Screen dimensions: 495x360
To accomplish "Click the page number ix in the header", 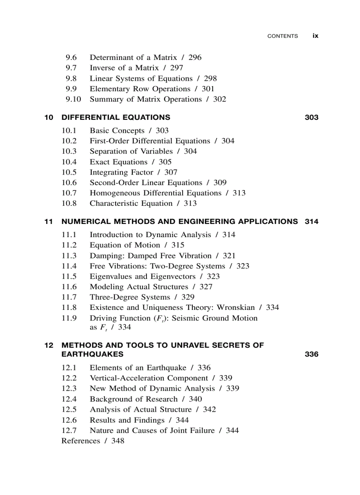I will (315, 36).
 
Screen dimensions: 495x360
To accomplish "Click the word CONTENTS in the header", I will (282, 36).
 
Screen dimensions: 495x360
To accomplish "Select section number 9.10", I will (73, 99).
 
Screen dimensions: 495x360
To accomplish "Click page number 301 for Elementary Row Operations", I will (208, 89).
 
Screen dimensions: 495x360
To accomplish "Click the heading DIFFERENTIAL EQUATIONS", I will (116, 118).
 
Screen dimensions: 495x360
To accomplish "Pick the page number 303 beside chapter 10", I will (311, 118).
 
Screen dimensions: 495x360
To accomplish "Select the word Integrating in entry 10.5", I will (109, 172).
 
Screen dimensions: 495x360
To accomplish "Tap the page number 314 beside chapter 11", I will (311, 222).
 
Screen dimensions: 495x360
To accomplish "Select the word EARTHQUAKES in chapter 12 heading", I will (92, 354).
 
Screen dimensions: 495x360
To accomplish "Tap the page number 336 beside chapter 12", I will (311, 354).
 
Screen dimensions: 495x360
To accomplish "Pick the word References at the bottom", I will (81, 441).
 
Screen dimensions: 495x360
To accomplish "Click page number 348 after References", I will (118, 441).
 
